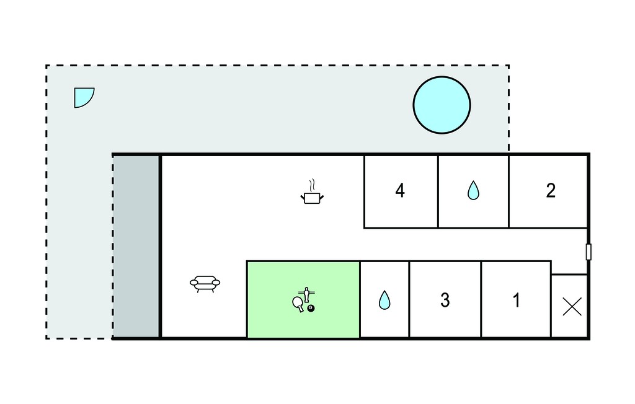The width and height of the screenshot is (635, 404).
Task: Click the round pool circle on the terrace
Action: [442, 105]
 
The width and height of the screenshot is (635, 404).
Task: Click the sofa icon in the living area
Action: [205, 283]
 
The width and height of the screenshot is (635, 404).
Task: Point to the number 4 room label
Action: [400, 191]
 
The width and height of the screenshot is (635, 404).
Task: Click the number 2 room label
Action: [551, 191]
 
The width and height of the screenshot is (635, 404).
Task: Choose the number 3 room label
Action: [445, 301]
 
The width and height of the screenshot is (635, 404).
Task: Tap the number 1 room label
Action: [516, 301]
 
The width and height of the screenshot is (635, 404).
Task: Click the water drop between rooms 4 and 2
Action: [473, 190]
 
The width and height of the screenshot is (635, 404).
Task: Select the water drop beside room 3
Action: [384, 300]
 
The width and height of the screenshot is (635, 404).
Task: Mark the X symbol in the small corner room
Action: [572, 307]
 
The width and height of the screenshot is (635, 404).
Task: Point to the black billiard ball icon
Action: [311, 309]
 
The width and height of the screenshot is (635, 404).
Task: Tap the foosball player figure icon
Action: [306, 294]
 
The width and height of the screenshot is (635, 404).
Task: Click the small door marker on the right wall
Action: [588, 252]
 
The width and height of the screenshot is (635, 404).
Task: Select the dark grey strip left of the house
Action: [136, 246]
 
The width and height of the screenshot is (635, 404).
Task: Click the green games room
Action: [303, 299]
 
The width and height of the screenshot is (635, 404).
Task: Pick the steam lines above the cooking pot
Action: [311, 186]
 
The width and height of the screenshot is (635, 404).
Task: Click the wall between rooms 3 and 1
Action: [481, 299]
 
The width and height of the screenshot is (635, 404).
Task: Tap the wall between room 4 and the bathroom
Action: [438, 191]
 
